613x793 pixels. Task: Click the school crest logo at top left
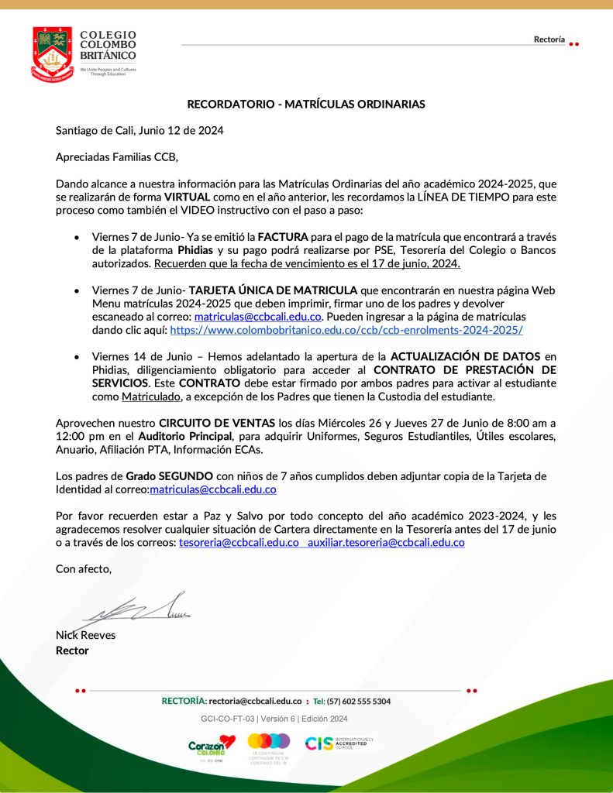tap(52, 53)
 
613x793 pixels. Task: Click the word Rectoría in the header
tap(549, 39)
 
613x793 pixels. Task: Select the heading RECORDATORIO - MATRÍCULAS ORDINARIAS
tap(306, 105)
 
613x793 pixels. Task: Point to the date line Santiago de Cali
tap(139, 131)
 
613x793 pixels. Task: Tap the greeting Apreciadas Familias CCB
tap(116, 157)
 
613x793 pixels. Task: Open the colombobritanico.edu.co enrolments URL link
tap(346, 329)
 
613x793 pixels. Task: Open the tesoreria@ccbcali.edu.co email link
tap(239, 543)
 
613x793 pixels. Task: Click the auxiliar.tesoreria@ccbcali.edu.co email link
tap(386, 543)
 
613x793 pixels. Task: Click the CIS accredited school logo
tap(339, 743)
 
